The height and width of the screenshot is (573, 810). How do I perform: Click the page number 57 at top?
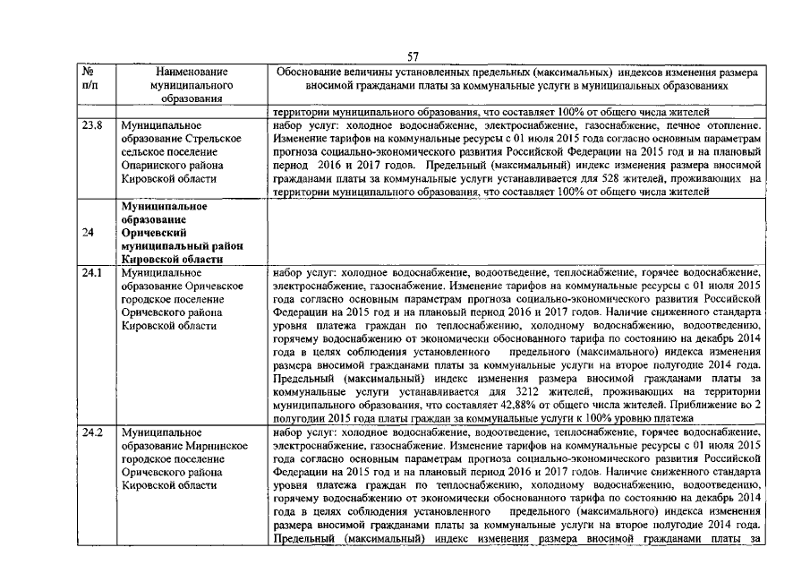(413, 56)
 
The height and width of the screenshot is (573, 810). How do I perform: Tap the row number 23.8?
(92, 126)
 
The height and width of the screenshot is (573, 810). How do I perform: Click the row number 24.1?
(92, 271)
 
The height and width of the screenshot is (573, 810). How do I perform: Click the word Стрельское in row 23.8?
(212, 140)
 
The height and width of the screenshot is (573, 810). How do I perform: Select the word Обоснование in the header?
(309, 72)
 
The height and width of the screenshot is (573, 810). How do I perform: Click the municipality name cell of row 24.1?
(188, 298)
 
